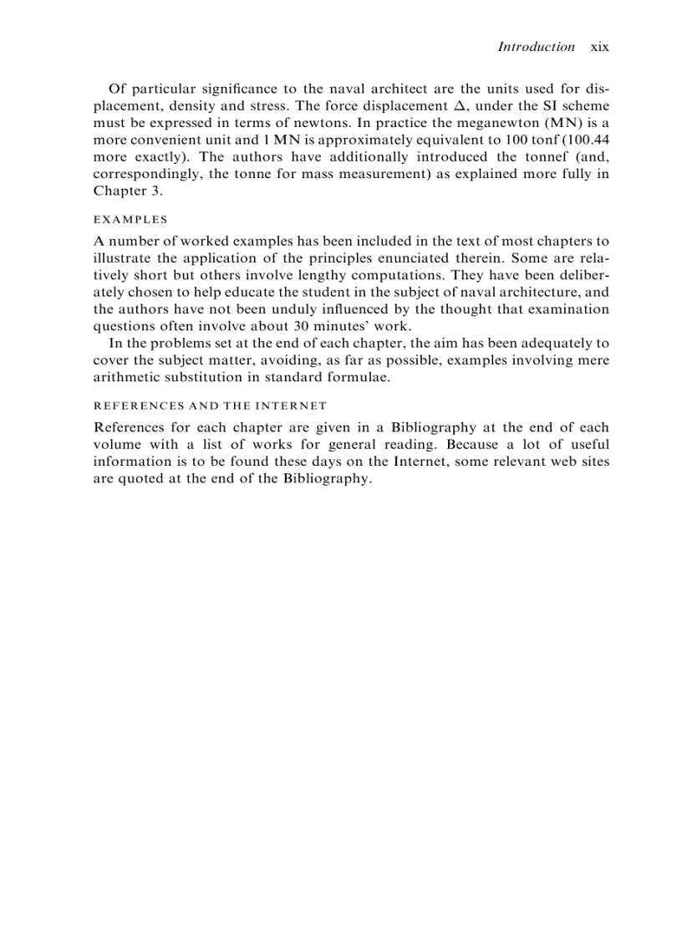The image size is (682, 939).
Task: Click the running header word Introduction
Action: (x=536, y=47)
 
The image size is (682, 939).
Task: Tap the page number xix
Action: (x=600, y=47)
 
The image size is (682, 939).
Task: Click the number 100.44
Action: (x=590, y=140)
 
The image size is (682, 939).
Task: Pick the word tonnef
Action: (x=531, y=156)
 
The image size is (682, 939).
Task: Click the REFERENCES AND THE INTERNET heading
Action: (x=210, y=406)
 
